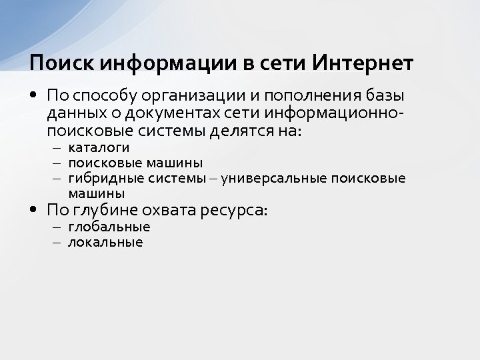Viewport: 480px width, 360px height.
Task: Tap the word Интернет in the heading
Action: [x=363, y=63]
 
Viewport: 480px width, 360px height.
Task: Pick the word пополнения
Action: [x=298, y=96]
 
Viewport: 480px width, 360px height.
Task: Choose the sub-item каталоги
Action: [x=99, y=147]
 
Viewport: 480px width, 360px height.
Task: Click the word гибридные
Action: [x=99, y=178]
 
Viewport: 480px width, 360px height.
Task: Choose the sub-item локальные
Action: [x=105, y=242]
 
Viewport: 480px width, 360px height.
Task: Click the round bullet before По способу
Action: [x=33, y=95]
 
